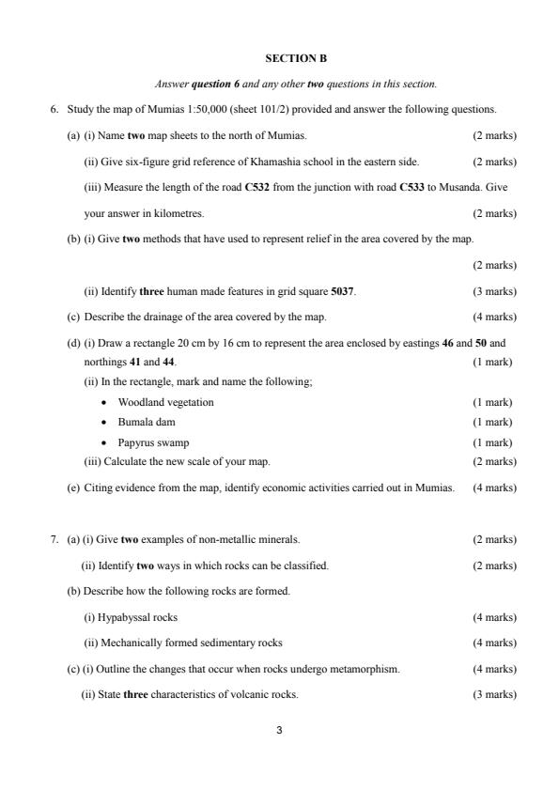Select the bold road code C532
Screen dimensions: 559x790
pos(258,187)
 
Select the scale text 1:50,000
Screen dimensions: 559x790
pos(198,110)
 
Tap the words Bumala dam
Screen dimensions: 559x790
pos(146,422)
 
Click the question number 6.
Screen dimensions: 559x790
pos(54,110)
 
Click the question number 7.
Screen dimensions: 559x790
pos(54,539)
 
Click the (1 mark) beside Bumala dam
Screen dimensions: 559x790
pos(493,422)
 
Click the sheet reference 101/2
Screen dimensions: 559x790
pos(272,110)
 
